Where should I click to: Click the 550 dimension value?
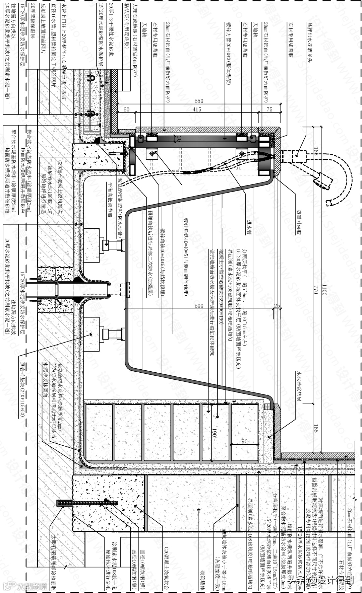[x=198, y=100]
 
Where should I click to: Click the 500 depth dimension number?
[x=199, y=306]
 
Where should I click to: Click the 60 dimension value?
[x=126, y=109]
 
